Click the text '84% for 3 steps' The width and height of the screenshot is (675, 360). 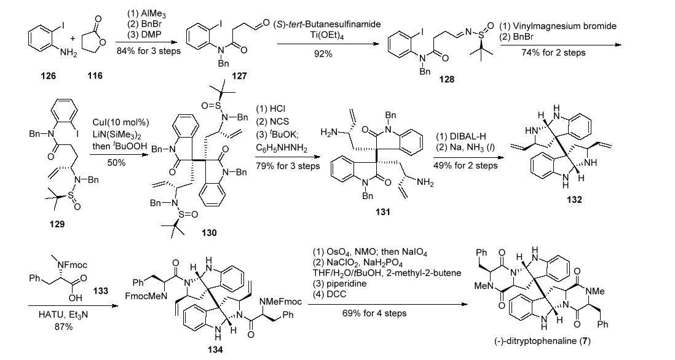pos(149,52)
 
